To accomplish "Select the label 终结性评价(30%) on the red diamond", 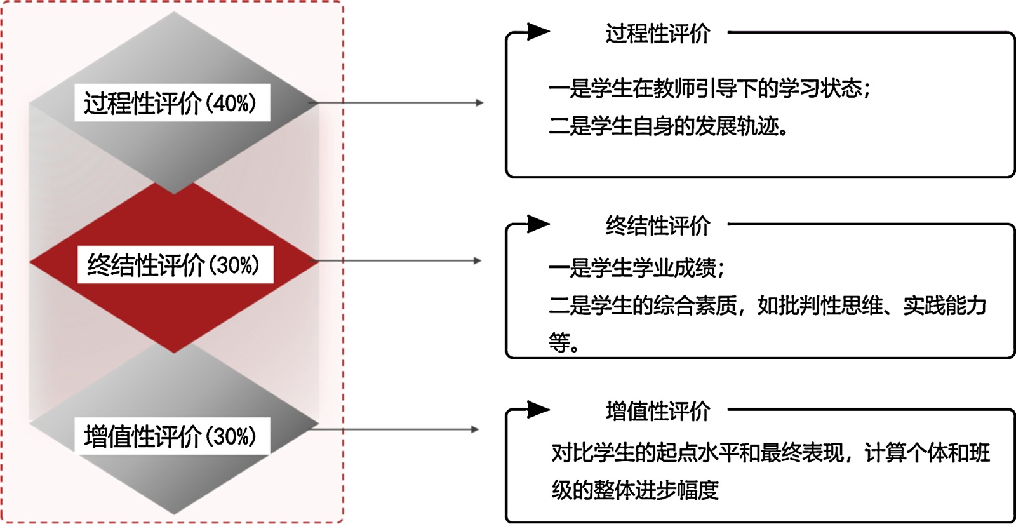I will point(173,265).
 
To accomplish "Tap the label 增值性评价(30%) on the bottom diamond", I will point(170,436).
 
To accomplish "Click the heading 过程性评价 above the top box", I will point(657,34).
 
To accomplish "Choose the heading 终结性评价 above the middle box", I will point(657,225).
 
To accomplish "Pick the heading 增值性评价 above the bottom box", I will point(657,411).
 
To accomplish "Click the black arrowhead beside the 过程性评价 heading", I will point(538,31).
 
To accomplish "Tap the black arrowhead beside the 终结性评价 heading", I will point(538,224).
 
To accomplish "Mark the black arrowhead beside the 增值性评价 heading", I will point(538,410).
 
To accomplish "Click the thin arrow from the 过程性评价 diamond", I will point(400,102).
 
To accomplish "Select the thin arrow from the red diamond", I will point(400,260).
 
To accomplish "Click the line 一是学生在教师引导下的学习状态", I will point(708,88).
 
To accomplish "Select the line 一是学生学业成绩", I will point(635,268).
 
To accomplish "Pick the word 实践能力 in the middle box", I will point(944,306).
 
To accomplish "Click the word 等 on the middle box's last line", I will point(559,343).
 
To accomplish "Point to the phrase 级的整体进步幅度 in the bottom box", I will point(635,490).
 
